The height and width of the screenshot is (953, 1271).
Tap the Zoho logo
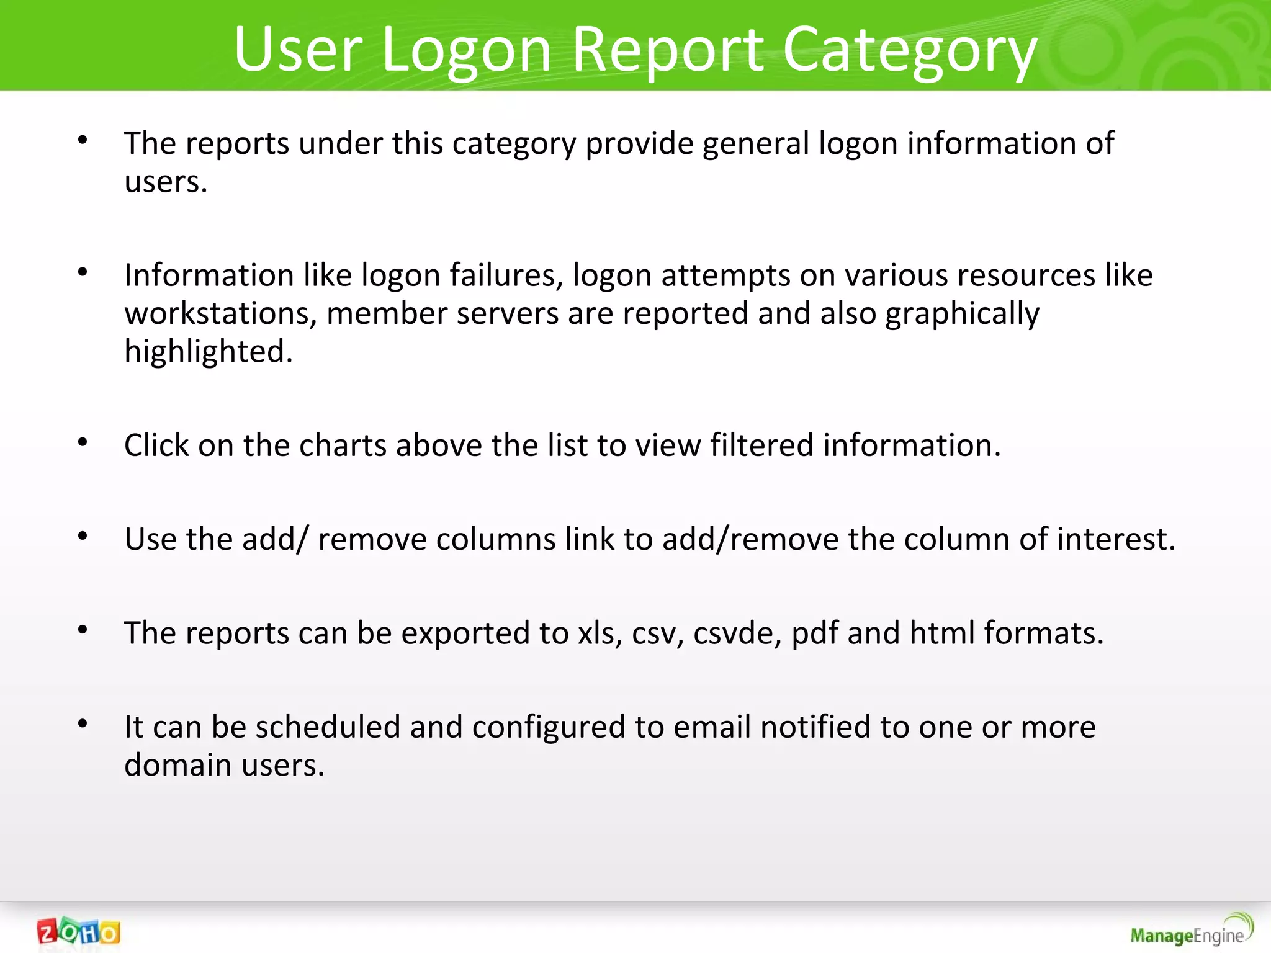[x=78, y=932]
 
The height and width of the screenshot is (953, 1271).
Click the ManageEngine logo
[x=1190, y=931]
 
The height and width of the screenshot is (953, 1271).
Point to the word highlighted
[x=208, y=352]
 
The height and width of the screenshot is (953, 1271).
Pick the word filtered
[x=761, y=445]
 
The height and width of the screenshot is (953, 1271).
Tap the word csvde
[x=737, y=633]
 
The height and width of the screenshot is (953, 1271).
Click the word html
[x=942, y=633]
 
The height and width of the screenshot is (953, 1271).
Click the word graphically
[x=962, y=313]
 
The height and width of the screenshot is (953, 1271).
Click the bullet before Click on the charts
[x=83, y=442]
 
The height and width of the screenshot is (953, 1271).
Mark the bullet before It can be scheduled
[x=83, y=723]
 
